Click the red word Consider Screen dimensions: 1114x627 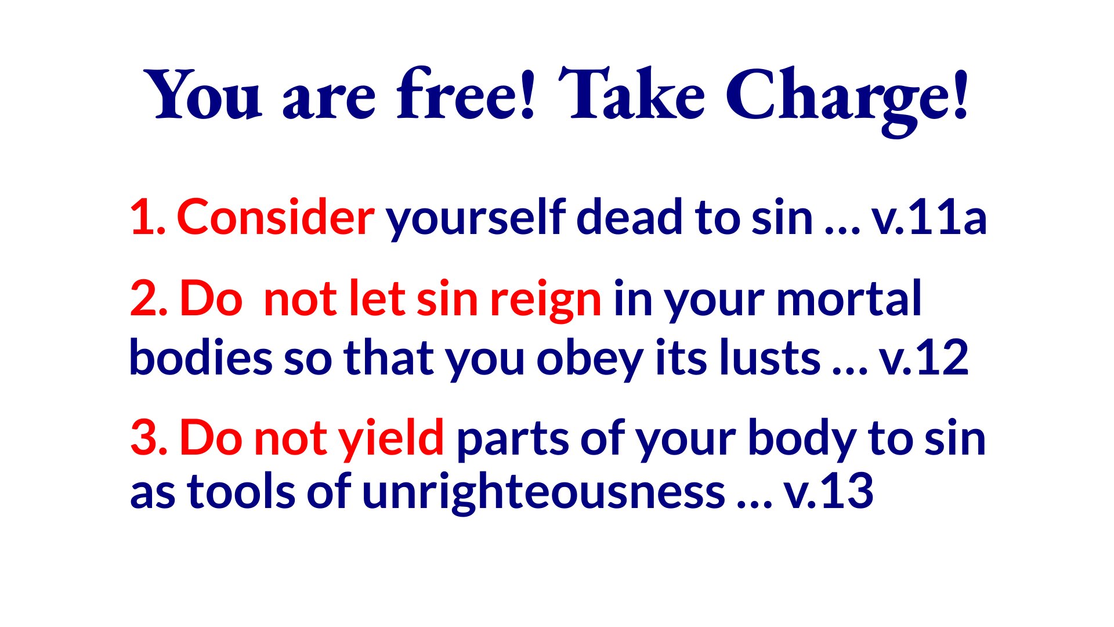276,217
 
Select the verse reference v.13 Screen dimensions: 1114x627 829,491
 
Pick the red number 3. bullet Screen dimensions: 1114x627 149,437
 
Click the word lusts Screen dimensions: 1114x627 770,356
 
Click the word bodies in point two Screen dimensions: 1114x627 201,356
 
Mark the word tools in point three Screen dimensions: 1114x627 241,491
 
